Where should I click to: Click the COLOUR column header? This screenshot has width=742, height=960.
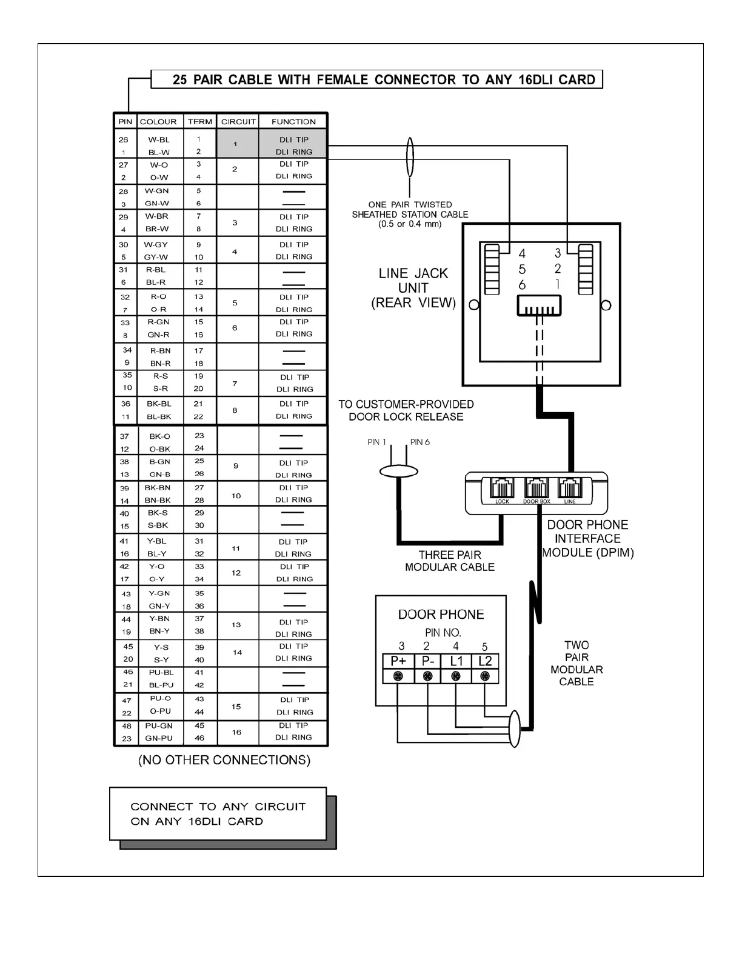point(158,121)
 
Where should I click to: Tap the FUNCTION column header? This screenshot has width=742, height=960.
point(293,121)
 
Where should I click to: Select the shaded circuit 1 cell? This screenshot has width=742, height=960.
point(235,144)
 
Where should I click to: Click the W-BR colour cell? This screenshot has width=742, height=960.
point(157,216)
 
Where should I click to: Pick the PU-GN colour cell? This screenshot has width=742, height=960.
point(159,725)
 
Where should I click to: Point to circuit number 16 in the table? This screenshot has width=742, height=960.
point(236,732)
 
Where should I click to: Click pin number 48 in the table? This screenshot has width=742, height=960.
point(126,726)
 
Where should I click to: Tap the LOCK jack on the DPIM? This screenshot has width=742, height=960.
point(502,488)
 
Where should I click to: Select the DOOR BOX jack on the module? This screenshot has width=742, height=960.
point(536,488)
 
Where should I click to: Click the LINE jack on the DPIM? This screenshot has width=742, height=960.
point(570,488)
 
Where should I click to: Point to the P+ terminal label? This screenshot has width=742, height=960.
point(398,661)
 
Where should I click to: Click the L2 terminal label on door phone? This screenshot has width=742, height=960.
point(485,661)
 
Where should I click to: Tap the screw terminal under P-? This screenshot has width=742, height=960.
point(427,676)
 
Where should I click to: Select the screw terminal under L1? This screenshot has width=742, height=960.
point(456,676)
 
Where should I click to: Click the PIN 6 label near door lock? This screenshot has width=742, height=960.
point(419,442)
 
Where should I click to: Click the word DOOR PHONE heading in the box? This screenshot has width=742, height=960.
point(441,614)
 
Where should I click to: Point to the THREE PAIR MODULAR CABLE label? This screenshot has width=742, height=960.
point(449,561)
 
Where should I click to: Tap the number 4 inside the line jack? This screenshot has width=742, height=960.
point(522,254)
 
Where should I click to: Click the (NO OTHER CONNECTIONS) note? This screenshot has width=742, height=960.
point(224,760)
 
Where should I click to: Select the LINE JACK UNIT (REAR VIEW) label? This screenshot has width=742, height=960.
point(413,288)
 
